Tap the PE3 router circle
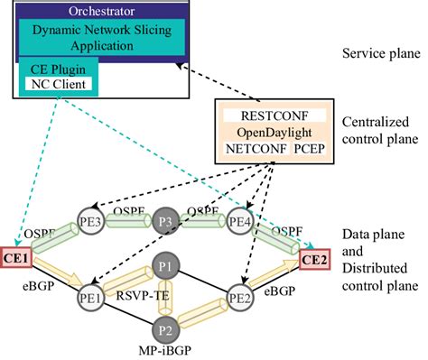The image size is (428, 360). click(94, 222)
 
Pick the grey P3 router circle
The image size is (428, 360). click(165, 222)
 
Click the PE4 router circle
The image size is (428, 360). click(239, 222)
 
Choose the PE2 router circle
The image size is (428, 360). click(238, 297)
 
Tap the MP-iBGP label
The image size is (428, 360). click(164, 350)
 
